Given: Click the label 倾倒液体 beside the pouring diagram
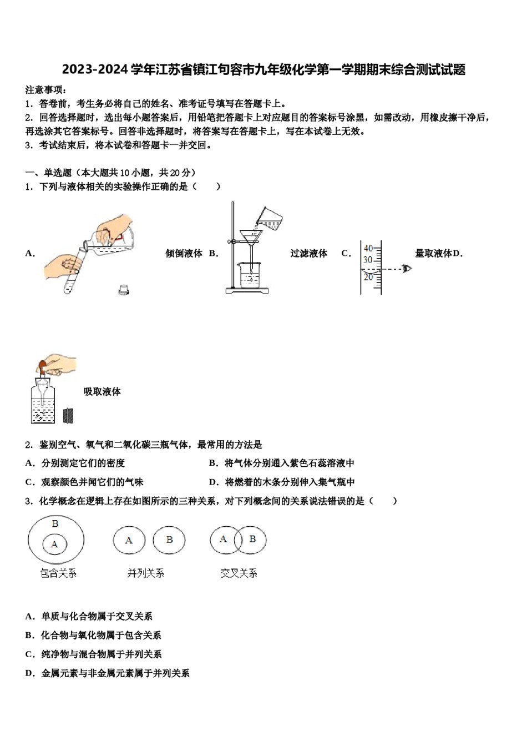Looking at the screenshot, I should coord(184,254).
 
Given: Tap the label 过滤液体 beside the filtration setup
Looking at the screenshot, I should coord(308,254).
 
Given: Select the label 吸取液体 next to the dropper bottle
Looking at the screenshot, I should coord(102,392).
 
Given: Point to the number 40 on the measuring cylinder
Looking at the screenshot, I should coord(368,249).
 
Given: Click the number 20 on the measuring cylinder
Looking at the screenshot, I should coord(368,277).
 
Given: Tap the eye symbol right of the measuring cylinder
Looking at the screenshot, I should coord(407,269).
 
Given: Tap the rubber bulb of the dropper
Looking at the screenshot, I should coord(42,366).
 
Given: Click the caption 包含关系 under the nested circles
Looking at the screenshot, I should coord(58,573).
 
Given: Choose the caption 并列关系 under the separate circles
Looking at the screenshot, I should coord(145,573).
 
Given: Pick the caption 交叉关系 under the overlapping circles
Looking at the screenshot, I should coord(239,573).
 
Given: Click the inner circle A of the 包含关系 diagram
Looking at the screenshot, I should coord(54,545).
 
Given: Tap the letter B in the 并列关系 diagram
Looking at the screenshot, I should coord(169,540).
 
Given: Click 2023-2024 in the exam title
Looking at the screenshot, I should coord(95,69).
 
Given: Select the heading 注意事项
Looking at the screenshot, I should coord(46,90).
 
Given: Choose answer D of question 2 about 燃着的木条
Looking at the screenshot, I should coord(282,482).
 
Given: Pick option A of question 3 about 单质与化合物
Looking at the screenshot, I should coord(89,617).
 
